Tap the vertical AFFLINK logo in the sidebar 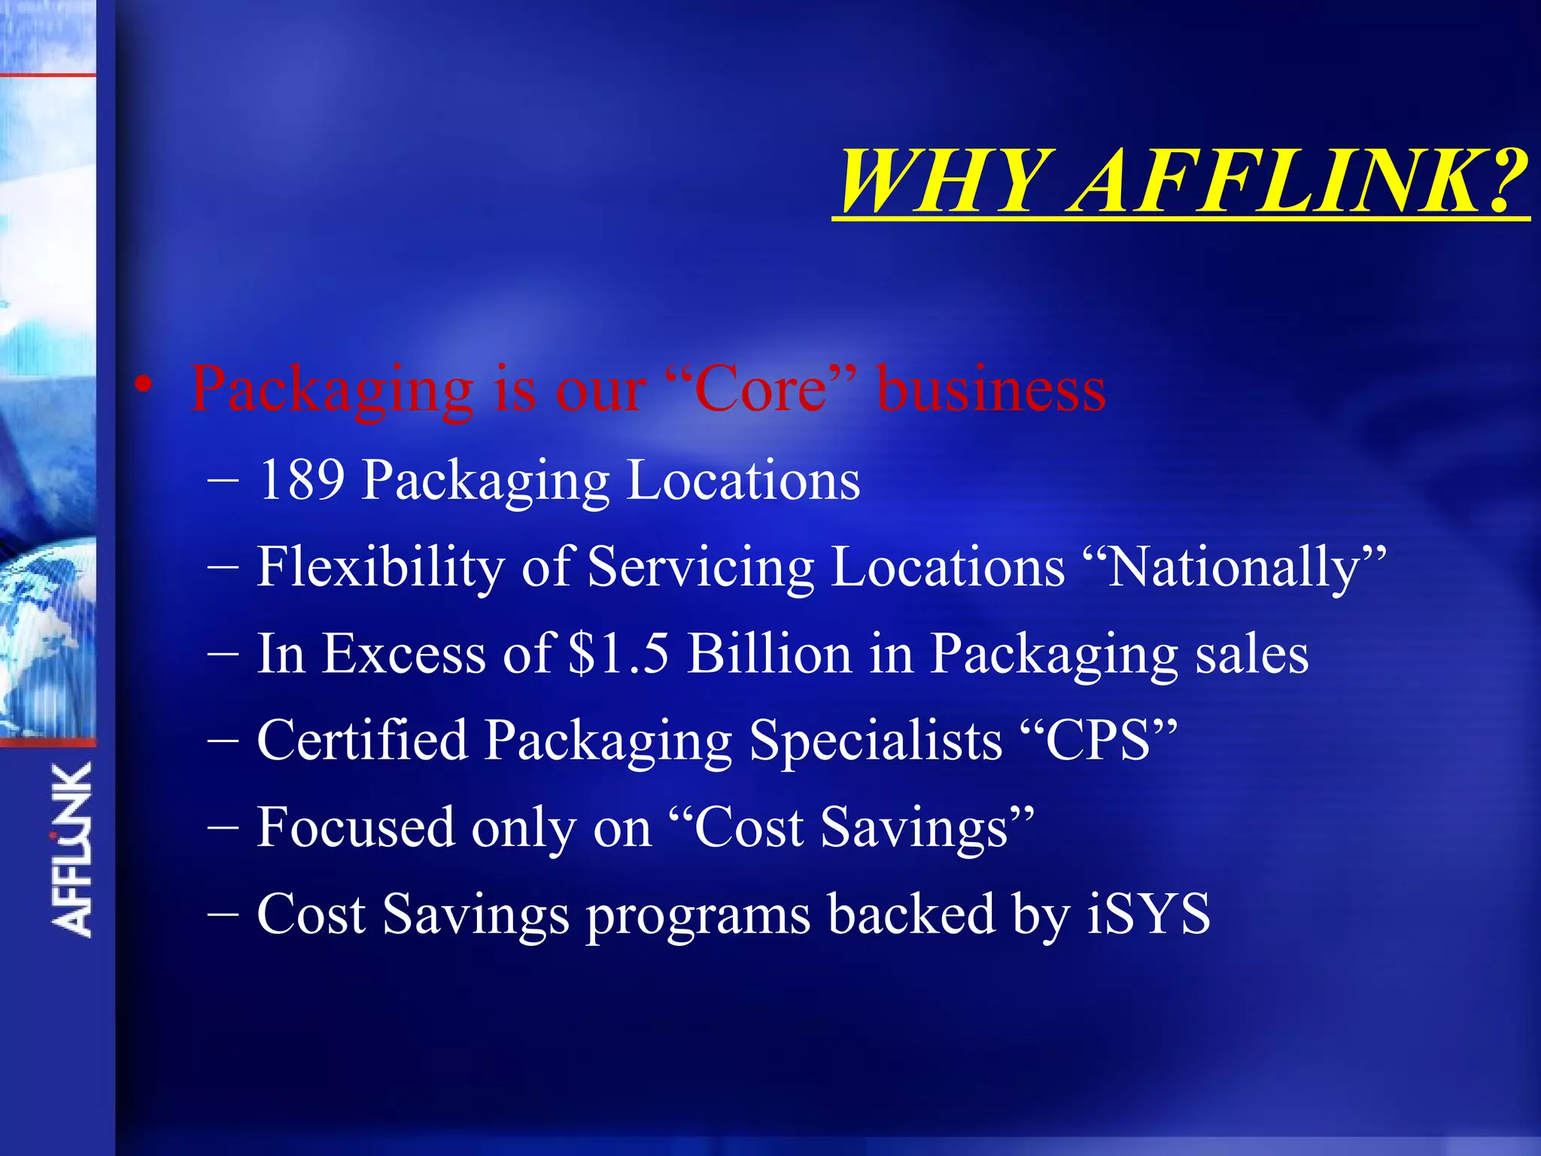72,850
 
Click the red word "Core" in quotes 761,389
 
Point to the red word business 992,389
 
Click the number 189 301,479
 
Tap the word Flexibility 380,567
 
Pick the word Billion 769,653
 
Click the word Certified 361,740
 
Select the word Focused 355,827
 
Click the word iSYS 1148,914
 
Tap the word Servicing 701,567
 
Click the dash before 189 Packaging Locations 223,480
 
